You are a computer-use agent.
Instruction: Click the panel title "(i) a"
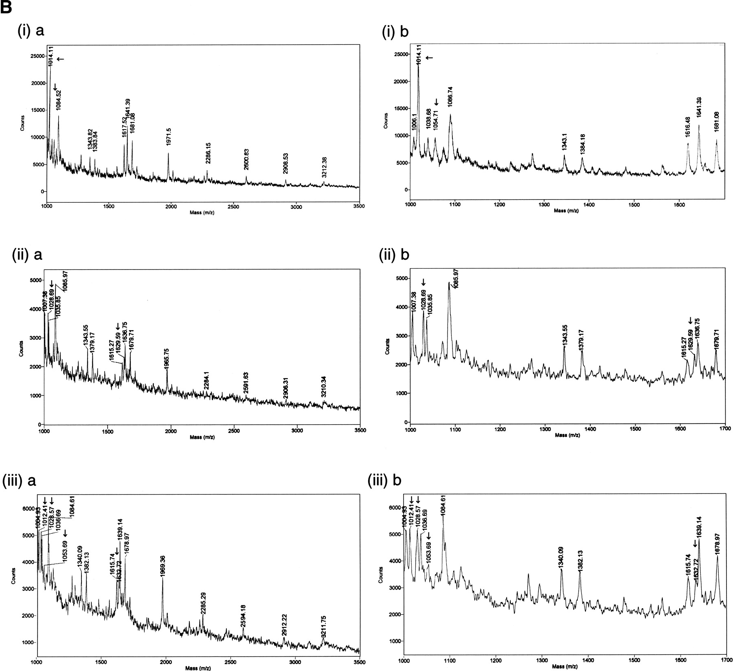pyautogui.click(x=31, y=31)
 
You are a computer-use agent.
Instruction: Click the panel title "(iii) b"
pyautogui.click(x=384, y=480)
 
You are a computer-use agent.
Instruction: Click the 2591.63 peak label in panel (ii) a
pyautogui.click(x=246, y=384)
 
